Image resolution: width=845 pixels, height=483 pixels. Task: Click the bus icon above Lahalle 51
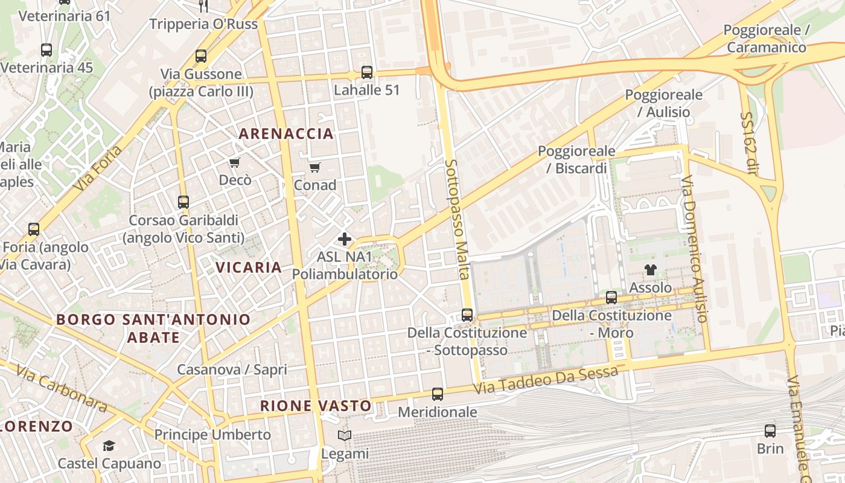pyautogui.click(x=366, y=72)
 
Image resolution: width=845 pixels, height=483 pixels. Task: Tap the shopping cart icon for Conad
pyautogui.click(x=314, y=167)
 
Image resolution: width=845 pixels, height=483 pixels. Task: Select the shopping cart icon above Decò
pyautogui.click(x=235, y=162)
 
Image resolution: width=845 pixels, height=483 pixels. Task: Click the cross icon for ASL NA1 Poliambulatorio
pyautogui.click(x=345, y=239)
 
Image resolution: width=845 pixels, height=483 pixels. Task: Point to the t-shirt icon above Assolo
pyautogui.click(x=650, y=269)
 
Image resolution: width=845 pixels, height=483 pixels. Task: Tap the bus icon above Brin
pyautogui.click(x=770, y=431)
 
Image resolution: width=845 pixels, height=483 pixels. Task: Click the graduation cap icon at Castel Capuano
pyautogui.click(x=109, y=446)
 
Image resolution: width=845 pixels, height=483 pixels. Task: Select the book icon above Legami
pyautogui.click(x=345, y=435)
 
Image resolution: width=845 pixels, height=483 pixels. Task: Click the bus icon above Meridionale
pyautogui.click(x=438, y=394)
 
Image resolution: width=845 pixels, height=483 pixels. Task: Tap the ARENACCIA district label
pyautogui.click(x=286, y=134)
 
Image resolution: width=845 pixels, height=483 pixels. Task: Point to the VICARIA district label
pyautogui.click(x=249, y=267)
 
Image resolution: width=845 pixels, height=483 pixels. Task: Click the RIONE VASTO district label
pyautogui.click(x=316, y=406)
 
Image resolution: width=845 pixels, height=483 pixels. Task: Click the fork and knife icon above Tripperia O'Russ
pyautogui.click(x=203, y=6)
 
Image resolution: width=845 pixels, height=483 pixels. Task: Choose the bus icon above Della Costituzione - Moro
pyautogui.click(x=611, y=297)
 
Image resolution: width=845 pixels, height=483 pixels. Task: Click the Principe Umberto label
pyautogui.click(x=212, y=435)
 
